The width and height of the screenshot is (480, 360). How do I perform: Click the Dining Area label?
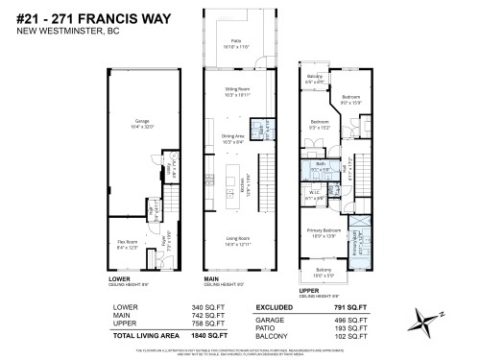pyautogui.click(x=234, y=139)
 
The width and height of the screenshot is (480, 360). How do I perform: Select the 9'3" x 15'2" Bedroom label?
pyautogui.click(x=320, y=124)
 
